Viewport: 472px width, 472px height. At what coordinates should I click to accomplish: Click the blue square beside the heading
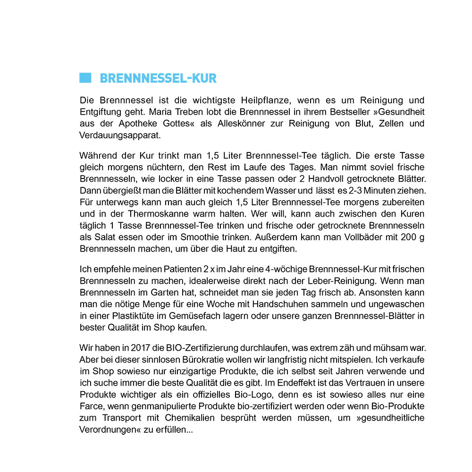click(x=85, y=78)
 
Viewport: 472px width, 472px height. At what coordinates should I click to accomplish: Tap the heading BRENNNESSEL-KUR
click(x=158, y=78)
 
